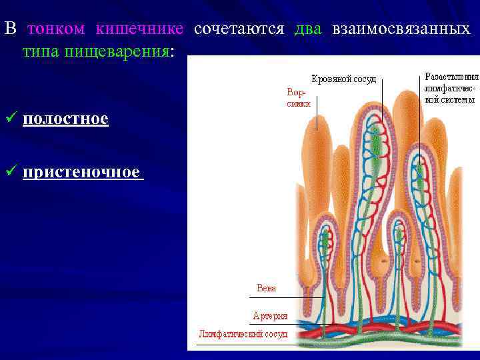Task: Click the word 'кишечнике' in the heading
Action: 139,29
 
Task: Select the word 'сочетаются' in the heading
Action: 239,29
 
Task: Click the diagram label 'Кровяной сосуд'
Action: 343,79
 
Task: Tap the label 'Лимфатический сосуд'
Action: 243,333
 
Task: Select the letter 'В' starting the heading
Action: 9,29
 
